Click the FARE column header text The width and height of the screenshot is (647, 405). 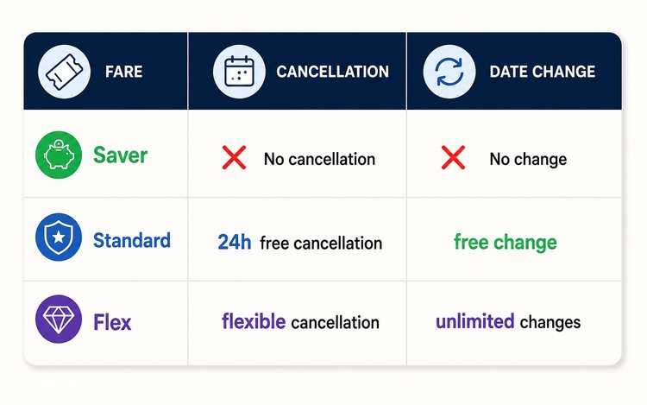(x=123, y=72)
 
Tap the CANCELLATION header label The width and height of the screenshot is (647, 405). (x=333, y=72)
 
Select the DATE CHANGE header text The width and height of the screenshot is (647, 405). (x=543, y=72)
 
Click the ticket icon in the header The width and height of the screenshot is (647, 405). (x=64, y=72)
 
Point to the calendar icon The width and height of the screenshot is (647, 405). (x=239, y=72)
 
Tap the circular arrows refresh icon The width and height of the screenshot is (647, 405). (x=449, y=72)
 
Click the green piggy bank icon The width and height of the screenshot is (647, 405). (x=59, y=155)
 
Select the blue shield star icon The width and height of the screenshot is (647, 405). (x=59, y=237)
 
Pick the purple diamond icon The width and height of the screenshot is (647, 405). (x=59, y=320)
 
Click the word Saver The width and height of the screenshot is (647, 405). (x=120, y=155)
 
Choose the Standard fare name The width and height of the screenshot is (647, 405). (x=132, y=240)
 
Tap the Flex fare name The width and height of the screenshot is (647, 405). (x=112, y=322)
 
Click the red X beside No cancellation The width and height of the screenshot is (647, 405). (x=235, y=157)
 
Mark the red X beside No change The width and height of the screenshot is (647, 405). (x=453, y=157)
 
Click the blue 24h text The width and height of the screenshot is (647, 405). (x=235, y=242)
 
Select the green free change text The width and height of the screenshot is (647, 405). (x=506, y=243)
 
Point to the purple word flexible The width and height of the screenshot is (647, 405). (x=254, y=320)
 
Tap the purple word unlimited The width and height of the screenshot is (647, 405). (x=475, y=321)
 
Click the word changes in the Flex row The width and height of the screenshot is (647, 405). (x=550, y=323)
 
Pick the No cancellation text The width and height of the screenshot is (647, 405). (x=319, y=159)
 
